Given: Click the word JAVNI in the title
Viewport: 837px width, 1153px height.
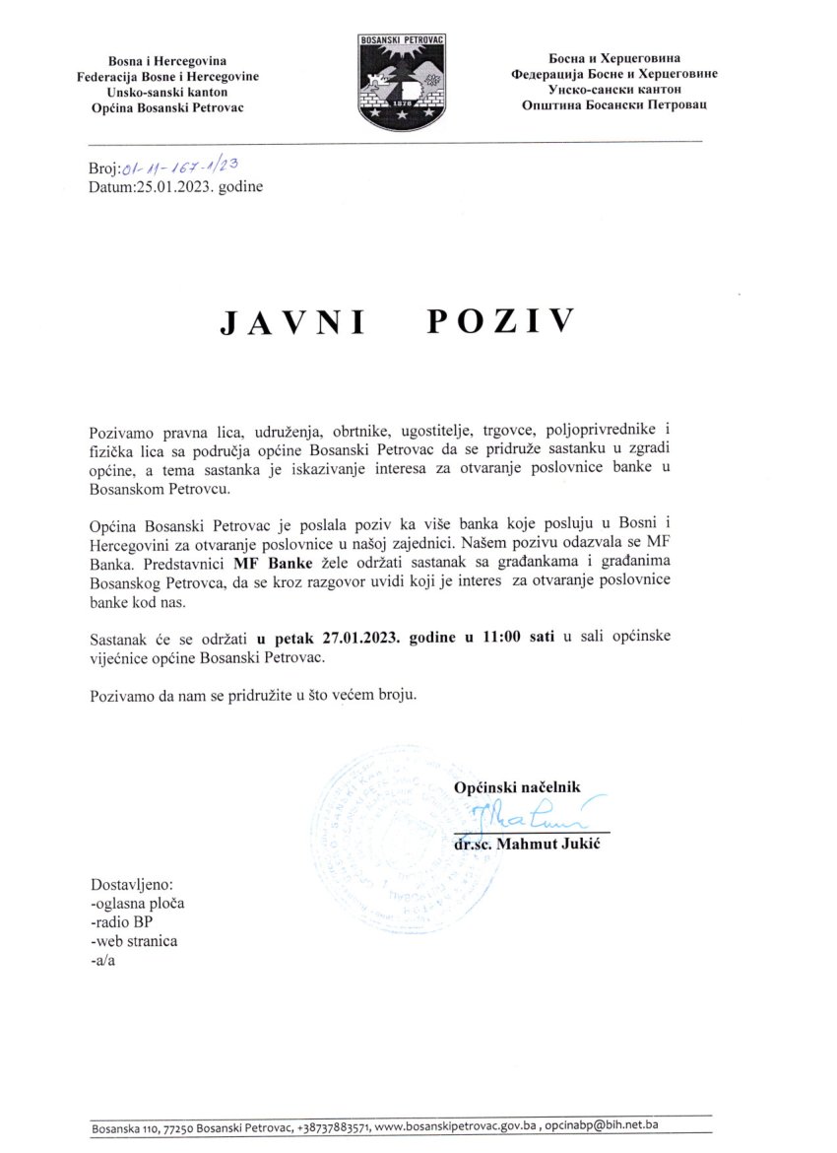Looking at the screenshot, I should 290,323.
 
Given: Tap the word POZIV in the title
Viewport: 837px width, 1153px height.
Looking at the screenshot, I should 500,322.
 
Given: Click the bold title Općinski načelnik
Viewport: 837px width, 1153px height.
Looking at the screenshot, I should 518,786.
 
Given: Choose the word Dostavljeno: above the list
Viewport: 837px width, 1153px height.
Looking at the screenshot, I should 131,884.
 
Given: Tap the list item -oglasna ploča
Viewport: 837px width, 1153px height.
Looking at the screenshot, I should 136,903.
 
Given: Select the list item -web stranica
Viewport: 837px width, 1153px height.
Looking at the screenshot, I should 133,940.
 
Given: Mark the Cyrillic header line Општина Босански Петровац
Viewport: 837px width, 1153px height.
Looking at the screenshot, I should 614,103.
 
